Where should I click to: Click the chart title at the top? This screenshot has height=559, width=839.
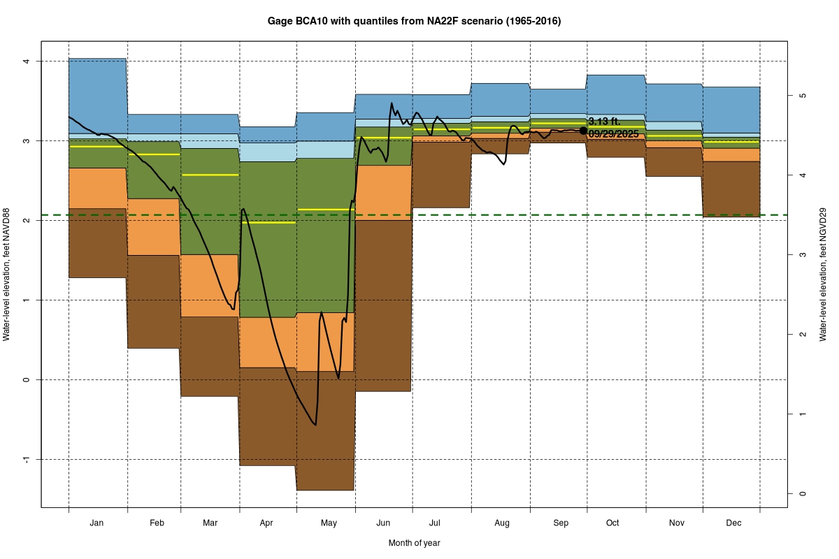click(414, 22)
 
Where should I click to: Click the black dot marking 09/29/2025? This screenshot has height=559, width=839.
click(584, 131)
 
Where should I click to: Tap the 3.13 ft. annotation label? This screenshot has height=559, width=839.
click(604, 122)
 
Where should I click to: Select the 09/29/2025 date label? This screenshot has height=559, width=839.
click(614, 133)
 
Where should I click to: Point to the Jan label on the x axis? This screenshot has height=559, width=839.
click(97, 523)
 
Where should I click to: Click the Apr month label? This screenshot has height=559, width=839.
click(266, 523)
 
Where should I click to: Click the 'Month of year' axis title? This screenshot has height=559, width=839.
click(414, 543)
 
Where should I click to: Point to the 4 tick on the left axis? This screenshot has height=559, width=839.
click(27, 61)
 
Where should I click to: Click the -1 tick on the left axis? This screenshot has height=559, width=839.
click(27, 459)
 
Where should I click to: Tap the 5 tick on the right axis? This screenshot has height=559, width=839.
click(803, 95)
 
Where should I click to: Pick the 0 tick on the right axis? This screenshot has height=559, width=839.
click(803, 493)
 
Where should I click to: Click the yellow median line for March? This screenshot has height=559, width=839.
click(210, 175)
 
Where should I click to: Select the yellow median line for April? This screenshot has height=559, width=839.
click(268, 222)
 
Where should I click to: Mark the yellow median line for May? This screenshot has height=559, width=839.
click(326, 210)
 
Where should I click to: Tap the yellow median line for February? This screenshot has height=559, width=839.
click(154, 154)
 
